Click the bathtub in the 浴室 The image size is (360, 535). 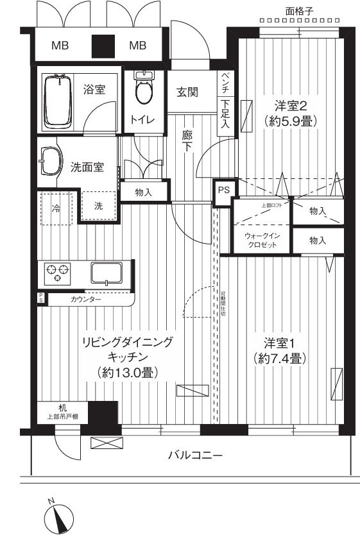tap(57, 101)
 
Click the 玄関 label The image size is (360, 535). tap(187, 92)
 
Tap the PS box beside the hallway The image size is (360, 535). tap(223, 190)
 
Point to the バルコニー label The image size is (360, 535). tap(195, 455)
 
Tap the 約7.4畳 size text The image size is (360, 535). tap(279, 358)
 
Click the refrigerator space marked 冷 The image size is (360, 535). tap(56, 208)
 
